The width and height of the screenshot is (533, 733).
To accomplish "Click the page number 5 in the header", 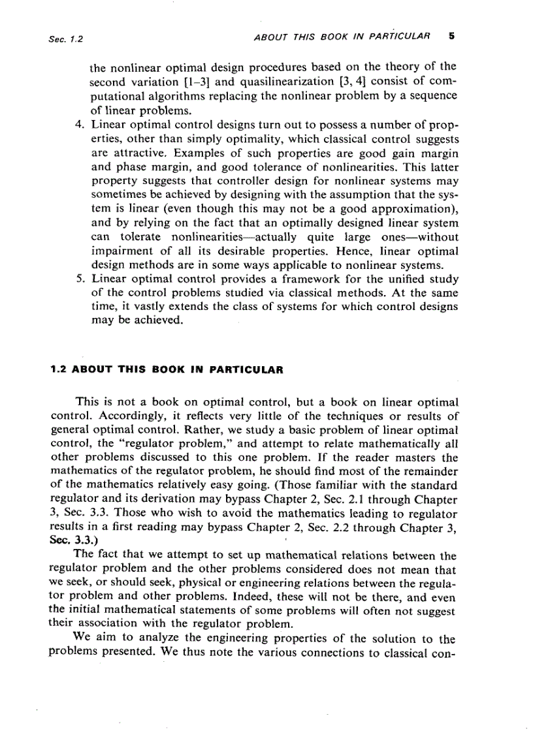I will pyautogui.click(x=451, y=37).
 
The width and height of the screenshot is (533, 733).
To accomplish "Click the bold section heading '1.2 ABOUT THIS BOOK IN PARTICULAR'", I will pyautogui.click(x=167, y=369).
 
